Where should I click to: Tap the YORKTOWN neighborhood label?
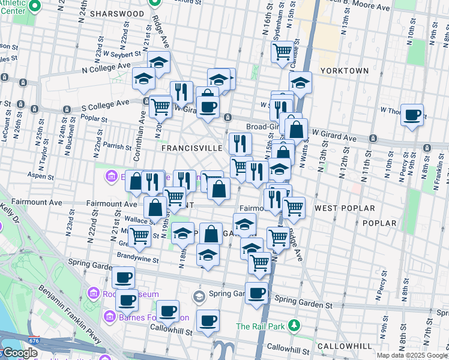tap(344, 70)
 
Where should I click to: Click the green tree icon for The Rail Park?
tap(294, 326)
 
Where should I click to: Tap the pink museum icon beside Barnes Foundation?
tap(110, 316)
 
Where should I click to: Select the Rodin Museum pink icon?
tap(93, 293)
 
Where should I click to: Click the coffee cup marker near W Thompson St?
tap(412, 115)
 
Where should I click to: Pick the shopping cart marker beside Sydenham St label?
tap(282, 52)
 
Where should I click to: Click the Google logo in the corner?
tap(19, 353)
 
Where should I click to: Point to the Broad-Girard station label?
tap(265, 127)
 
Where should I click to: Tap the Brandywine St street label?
tap(139, 260)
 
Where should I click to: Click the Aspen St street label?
tap(40, 176)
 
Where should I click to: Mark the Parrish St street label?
tap(117, 146)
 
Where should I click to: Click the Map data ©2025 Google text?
tap(412, 355)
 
